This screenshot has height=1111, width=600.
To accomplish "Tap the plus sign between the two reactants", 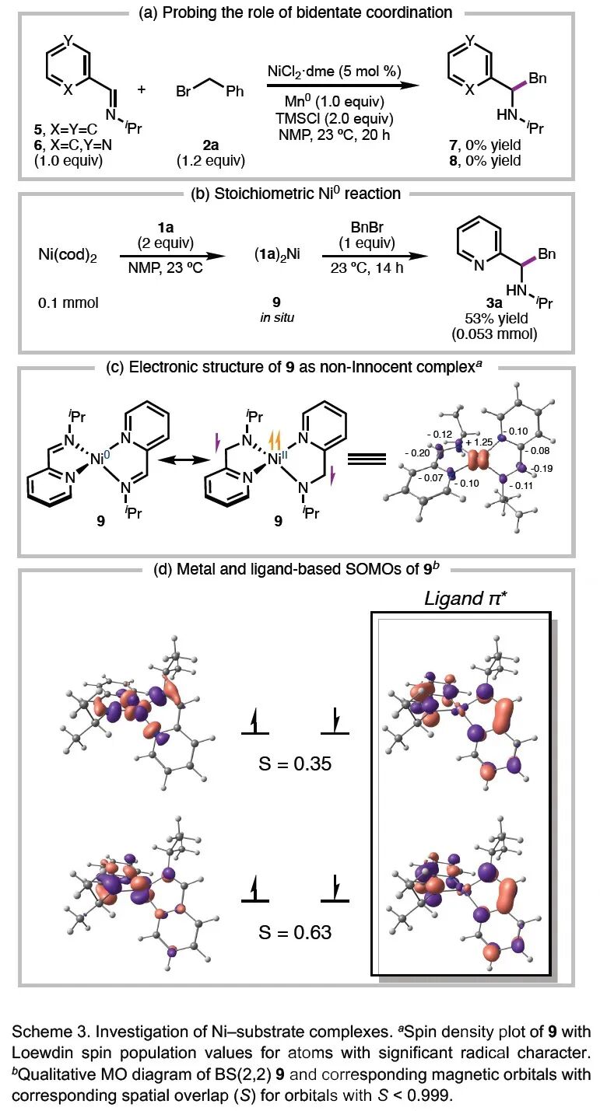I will point(141,89).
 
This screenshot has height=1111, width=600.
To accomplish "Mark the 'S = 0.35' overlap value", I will point(296,763).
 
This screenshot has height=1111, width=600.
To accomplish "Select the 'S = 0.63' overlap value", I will point(296,931).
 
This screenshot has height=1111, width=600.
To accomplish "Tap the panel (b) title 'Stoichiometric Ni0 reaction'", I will point(299,194).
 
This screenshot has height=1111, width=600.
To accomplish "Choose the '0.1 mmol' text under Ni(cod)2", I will point(68,302).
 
